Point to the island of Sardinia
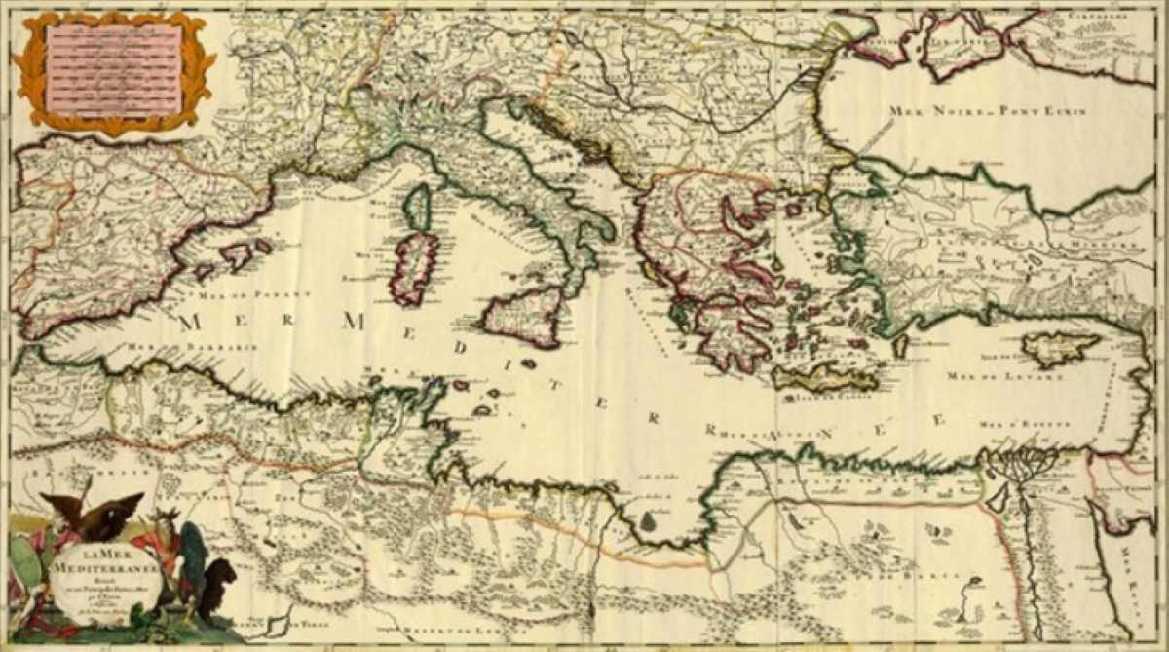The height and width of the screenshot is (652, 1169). click(x=415, y=267)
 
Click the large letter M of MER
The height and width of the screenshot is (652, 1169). click(x=190, y=322)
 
